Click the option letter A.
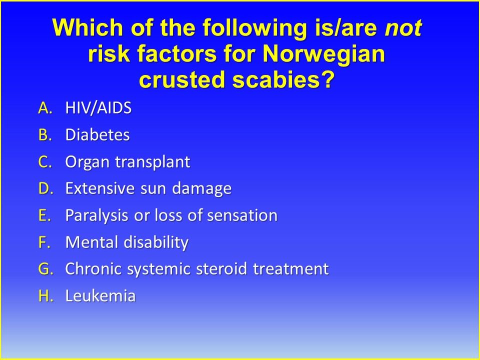point(44,108)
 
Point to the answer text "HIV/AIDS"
point(98,108)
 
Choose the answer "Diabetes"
point(97,135)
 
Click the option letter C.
point(44,162)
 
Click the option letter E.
point(44,216)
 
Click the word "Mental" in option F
point(88,243)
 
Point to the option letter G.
point(44,269)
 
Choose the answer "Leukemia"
point(100,296)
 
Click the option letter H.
point(44,296)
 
